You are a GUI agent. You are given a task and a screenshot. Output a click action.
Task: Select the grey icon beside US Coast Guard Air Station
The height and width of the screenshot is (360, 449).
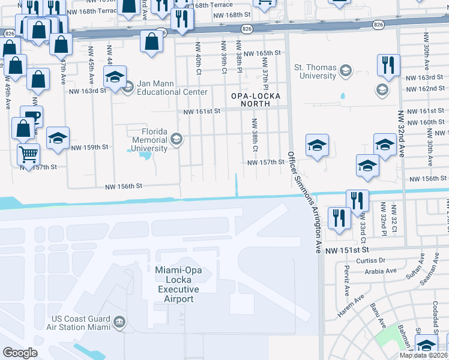pyautogui.click(x=120, y=323)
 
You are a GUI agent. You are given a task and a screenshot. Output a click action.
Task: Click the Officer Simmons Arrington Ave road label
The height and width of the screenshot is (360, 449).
pyautogui.click(x=304, y=202)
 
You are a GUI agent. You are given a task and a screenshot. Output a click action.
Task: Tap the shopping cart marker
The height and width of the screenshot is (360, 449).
pyautogui.click(x=28, y=154)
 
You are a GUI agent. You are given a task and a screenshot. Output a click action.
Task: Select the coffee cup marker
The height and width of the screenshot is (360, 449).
pyautogui.click(x=31, y=116)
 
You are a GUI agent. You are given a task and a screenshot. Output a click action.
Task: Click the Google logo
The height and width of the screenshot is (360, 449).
pyautogui.click(x=20, y=352)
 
